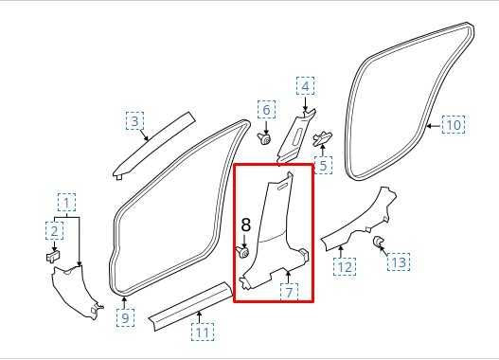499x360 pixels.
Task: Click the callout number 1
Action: [66, 203]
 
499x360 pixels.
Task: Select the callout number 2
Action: [54, 231]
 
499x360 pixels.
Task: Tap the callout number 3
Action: [135, 121]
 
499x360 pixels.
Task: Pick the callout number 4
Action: [305, 86]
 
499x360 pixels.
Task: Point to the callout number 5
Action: [323, 166]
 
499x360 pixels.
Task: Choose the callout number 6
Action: [266, 110]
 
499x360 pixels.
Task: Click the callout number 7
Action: [289, 292]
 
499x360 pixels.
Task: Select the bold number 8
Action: [246, 225]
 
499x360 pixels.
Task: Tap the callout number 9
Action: [125, 317]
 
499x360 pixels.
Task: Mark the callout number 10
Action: [454, 125]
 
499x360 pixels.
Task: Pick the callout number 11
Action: [203, 333]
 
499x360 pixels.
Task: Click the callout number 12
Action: [345, 267]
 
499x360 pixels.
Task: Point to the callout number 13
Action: [399, 262]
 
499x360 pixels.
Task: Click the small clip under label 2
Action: [53, 256]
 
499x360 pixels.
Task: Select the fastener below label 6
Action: [264, 138]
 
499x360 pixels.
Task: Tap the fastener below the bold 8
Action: [242, 252]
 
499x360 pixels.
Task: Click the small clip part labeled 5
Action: [322, 138]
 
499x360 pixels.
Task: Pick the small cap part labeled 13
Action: [378, 242]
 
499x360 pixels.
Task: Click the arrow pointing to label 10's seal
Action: [434, 126]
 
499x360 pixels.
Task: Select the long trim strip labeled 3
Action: [154, 145]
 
